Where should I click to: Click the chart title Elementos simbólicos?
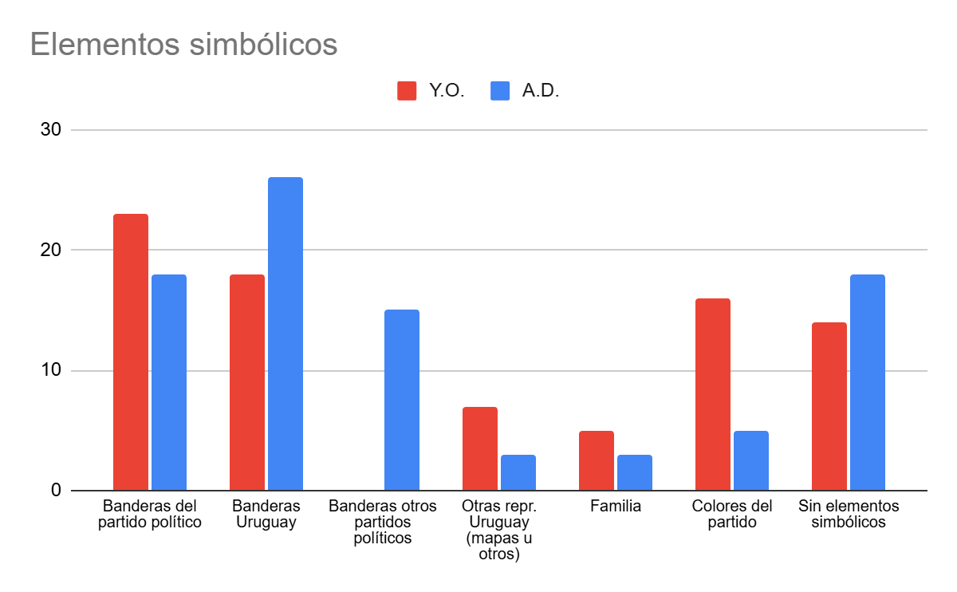183,45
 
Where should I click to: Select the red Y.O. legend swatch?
407,91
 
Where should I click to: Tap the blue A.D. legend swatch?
500,91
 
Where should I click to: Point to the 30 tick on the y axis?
50,129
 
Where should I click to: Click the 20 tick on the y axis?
50,250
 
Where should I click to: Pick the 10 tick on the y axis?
50,370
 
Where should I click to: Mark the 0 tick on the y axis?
56,490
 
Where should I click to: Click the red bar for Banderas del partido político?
131,352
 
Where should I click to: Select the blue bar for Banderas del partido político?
169,382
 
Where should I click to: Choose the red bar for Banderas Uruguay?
247,382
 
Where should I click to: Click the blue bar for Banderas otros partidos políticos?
402,400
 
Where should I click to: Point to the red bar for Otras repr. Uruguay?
480,448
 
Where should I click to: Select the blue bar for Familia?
635,472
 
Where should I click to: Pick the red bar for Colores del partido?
713,394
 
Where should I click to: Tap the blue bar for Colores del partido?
751,460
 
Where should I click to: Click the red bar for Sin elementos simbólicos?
829,406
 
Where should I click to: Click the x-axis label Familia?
616,507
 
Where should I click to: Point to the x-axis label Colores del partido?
732,515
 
